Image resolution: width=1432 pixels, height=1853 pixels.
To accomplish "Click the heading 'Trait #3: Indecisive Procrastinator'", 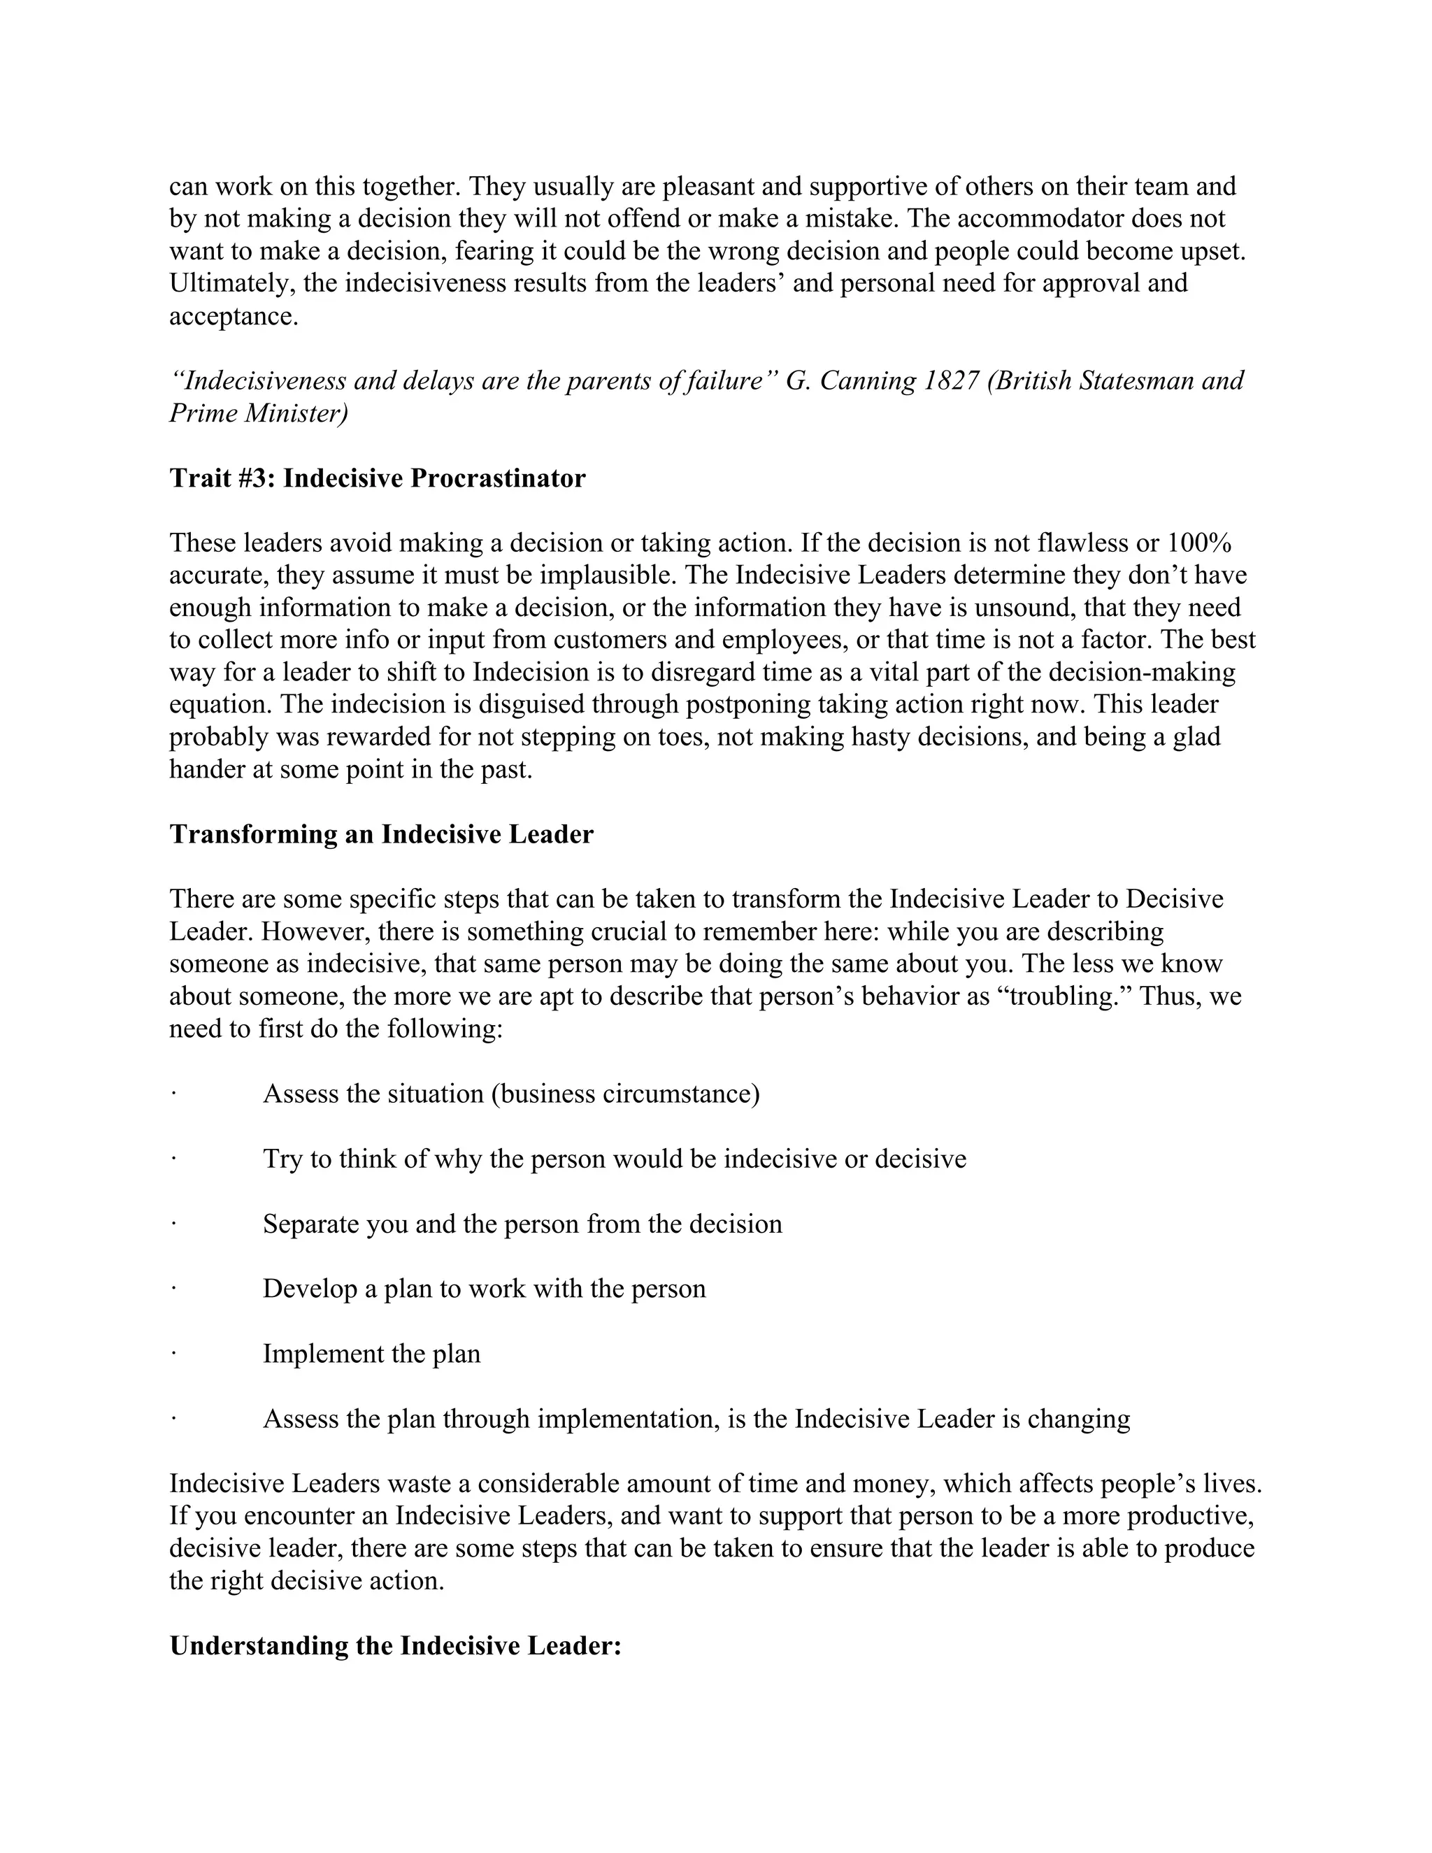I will click(x=378, y=478).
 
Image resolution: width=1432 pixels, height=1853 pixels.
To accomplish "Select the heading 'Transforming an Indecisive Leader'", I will click(x=381, y=834).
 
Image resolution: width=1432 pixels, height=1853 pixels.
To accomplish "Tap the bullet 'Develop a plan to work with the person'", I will click(x=484, y=1289).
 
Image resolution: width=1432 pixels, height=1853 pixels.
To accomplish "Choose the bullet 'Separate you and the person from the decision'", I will click(x=522, y=1224).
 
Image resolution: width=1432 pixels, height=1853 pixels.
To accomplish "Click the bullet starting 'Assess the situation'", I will click(x=510, y=1094).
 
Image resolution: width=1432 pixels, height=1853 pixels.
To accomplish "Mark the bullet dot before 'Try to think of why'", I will click(x=173, y=1159).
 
